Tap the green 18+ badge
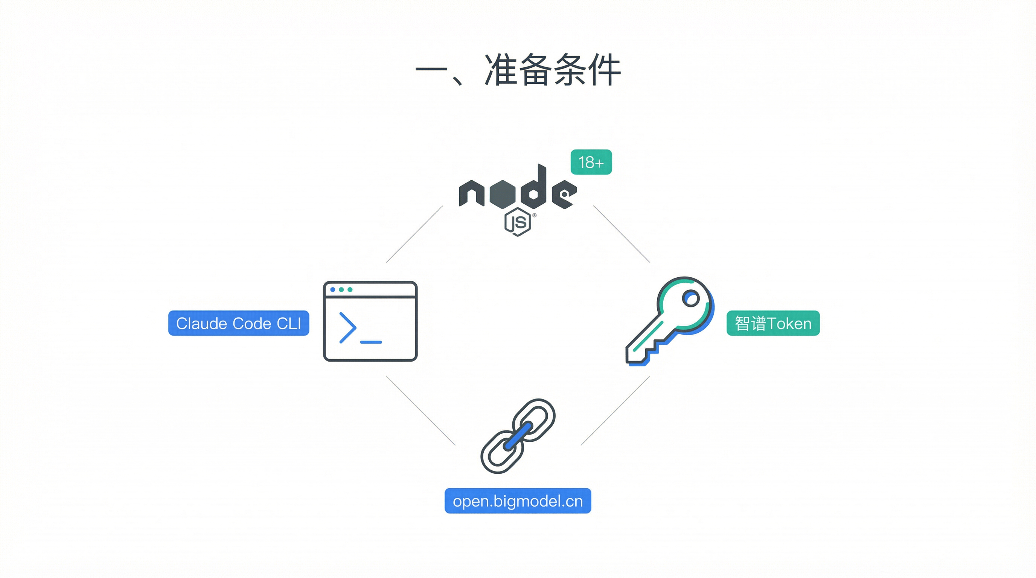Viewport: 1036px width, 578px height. click(x=591, y=162)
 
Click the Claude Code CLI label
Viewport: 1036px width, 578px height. click(x=239, y=323)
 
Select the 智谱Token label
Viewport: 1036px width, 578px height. click(x=772, y=323)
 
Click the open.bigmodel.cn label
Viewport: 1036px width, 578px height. click(x=518, y=501)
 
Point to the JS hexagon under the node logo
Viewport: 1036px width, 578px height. click(x=518, y=222)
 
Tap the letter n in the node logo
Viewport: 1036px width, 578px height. click(x=471, y=193)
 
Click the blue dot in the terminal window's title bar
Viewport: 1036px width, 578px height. click(x=333, y=289)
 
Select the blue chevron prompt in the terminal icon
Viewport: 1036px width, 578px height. click(x=347, y=328)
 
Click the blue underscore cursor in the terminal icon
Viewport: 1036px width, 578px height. click(x=371, y=342)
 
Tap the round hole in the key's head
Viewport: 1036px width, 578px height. click(x=690, y=299)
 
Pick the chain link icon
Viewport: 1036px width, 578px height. click(x=518, y=436)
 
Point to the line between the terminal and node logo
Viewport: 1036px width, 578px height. click(x=414, y=234)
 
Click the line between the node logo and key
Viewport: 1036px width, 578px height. click(x=622, y=234)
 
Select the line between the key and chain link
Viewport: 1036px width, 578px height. click(x=616, y=411)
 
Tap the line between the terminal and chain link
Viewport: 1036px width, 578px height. click(x=420, y=411)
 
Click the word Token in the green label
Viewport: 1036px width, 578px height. click(x=789, y=324)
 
